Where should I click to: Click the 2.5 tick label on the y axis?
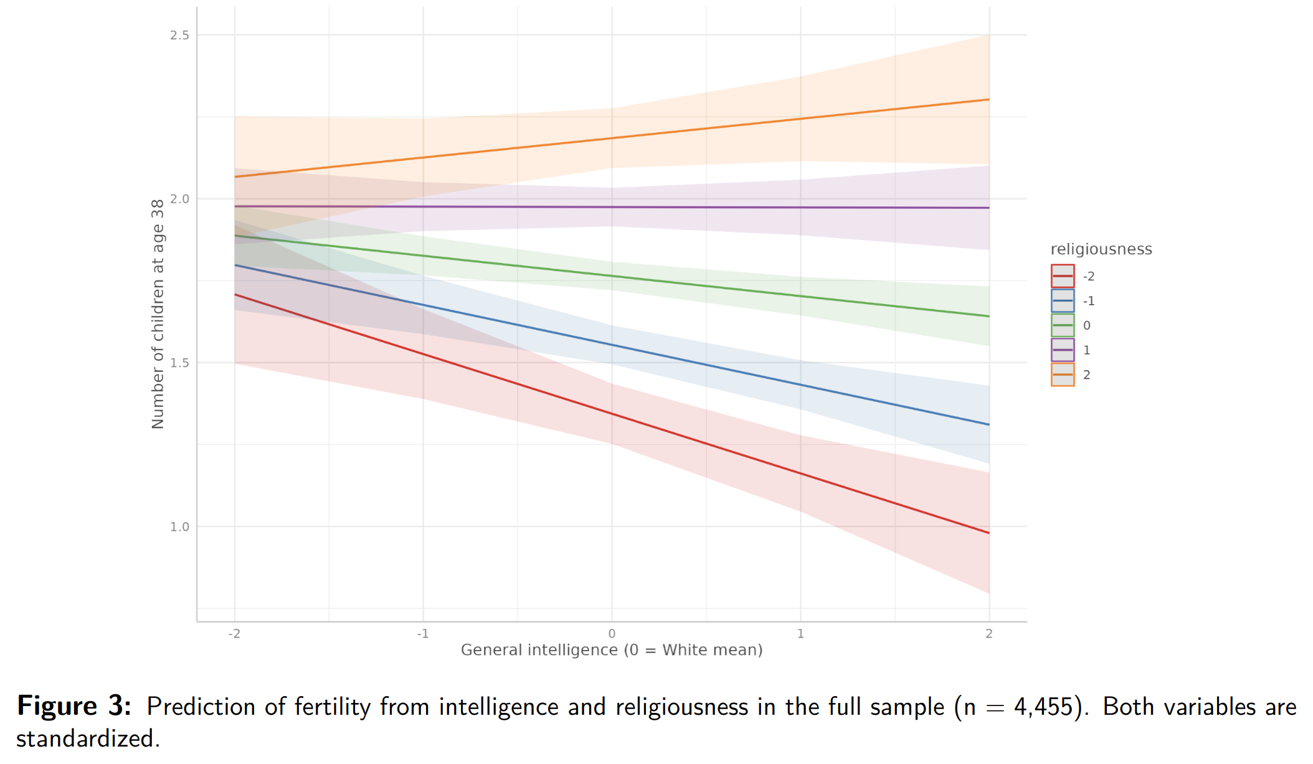[x=179, y=36]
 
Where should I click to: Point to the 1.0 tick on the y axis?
[x=179, y=527]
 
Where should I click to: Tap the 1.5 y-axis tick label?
[x=179, y=363]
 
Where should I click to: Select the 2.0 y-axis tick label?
[x=179, y=199]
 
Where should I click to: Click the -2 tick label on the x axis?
[x=234, y=634]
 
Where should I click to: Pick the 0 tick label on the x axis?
[x=612, y=634]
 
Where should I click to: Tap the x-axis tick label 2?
[x=989, y=634]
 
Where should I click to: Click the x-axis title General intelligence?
[x=611, y=650]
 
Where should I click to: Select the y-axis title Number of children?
[x=158, y=314]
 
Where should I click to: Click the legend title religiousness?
[x=1101, y=249]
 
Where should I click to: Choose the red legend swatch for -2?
[x=1063, y=276]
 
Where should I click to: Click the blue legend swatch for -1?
[x=1063, y=301]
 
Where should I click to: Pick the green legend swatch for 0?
[x=1063, y=325]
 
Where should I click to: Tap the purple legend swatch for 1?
[x=1063, y=350]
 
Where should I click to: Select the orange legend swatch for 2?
[x=1063, y=375]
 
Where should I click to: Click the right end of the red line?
[x=988, y=533]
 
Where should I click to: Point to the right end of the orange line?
[x=988, y=100]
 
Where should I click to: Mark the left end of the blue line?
[x=235, y=265]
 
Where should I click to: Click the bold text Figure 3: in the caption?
[x=74, y=706]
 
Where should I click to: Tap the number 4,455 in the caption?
[x=1043, y=707]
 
